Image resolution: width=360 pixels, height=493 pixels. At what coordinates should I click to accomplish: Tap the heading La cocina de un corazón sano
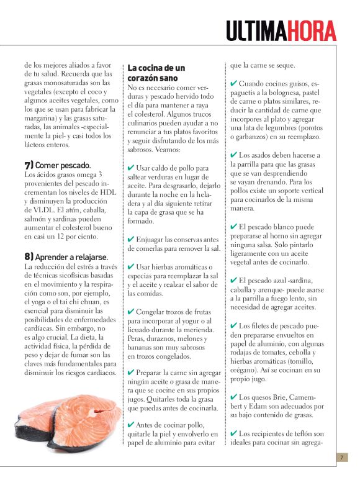(x=156, y=73)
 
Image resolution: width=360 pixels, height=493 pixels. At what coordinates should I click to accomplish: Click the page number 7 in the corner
(x=341, y=458)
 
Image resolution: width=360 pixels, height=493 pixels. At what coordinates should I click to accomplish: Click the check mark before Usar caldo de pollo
(x=131, y=168)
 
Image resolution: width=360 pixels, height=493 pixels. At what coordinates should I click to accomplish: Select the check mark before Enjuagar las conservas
(x=131, y=239)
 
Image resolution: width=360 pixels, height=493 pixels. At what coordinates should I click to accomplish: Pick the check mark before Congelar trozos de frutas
(x=131, y=311)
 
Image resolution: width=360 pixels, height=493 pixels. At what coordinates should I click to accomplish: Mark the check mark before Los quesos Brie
(x=233, y=397)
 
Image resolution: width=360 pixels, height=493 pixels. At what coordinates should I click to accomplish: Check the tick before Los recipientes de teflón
(x=233, y=433)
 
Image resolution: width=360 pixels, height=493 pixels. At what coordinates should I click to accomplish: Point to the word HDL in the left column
(x=108, y=192)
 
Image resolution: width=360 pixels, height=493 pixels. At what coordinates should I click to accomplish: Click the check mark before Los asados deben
(x=233, y=155)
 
